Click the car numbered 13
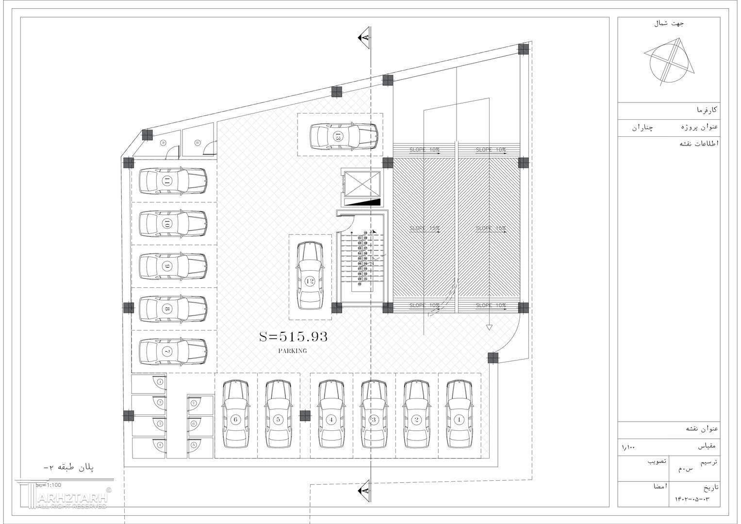[344, 136]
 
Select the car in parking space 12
[310, 276]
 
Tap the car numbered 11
[173, 181]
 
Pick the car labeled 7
[173, 351]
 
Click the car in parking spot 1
[459, 415]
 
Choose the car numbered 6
[236, 415]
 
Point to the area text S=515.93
[293, 337]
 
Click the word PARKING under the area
[293, 351]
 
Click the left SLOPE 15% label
[425, 228]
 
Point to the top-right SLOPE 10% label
[491, 149]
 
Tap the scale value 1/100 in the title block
[628, 447]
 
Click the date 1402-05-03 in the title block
[692, 499]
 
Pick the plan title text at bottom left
[68, 468]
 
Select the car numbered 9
[173, 266]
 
